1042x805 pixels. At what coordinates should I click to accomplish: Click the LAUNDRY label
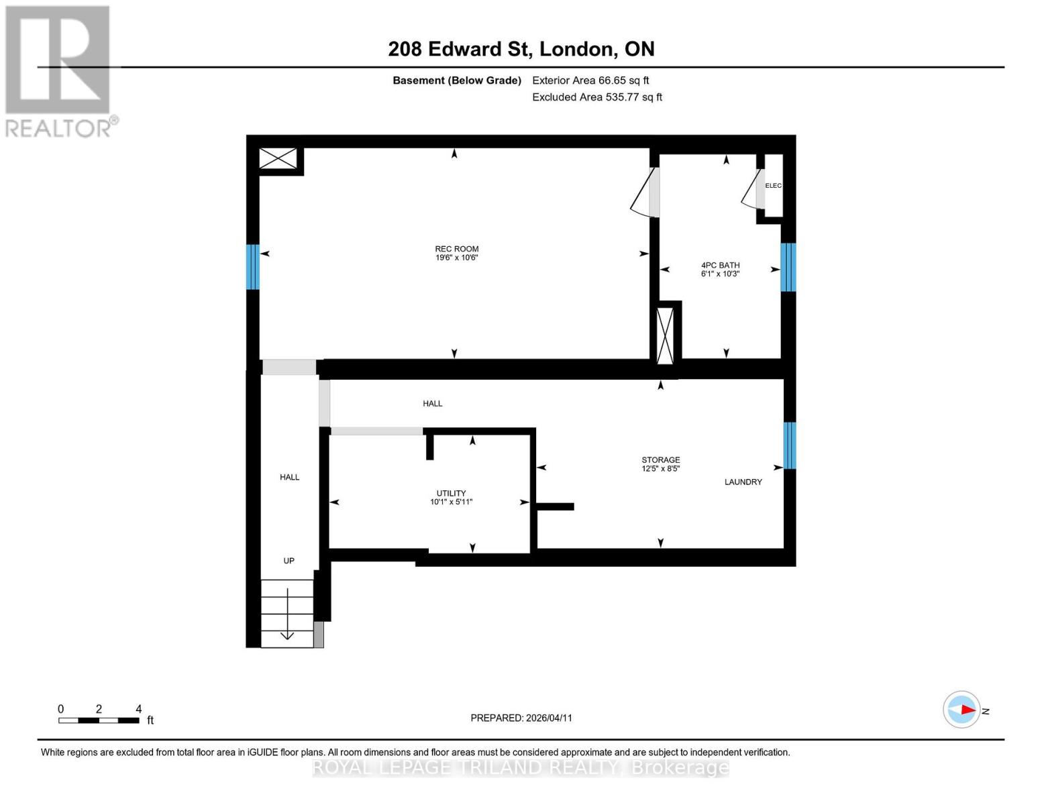[x=743, y=482]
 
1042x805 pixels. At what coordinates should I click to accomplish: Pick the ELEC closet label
[x=773, y=186]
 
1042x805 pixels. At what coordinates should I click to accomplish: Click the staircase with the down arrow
[x=287, y=613]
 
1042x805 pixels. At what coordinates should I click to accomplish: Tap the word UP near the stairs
[x=289, y=561]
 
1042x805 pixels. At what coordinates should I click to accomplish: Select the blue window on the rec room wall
[x=252, y=267]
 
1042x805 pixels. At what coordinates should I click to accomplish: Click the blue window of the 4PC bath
[x=788, y=267]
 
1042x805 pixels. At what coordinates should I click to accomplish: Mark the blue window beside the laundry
[x=790, y=445]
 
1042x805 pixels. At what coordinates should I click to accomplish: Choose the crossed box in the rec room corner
[x=278, y=159]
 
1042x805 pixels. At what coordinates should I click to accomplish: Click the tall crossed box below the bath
[x=665, y=335]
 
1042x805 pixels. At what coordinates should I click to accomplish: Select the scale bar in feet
[x=99, y=720]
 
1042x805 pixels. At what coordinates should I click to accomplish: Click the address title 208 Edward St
[x=521, y=49]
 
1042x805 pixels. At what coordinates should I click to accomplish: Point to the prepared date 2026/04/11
[x=521, y=718]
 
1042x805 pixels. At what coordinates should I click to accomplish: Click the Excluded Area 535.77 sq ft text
[x=596, y=97]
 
